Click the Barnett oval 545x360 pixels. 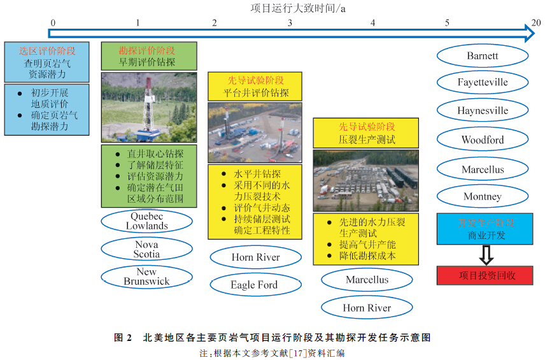(x=482, y=55)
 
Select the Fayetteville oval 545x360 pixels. (x=482, y=82)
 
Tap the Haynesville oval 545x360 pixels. (x=482, y=110)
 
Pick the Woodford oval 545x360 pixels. (x=482, y=140)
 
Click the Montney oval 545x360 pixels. (x=482, y=196)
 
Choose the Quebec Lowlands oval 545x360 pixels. (x=146, y=221)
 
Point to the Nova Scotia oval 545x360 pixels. (x=146, y=249)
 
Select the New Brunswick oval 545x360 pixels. (x=146, y=277)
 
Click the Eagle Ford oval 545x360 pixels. (x=254, y=285)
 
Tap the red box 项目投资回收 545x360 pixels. (x=485, y=275)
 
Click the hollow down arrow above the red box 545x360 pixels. (x=485, y=254)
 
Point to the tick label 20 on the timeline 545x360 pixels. (x=536, y=22)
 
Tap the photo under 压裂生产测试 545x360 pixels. (x=365, y=180)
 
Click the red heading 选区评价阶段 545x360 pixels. (x=46, y=50)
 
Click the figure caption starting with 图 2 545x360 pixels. (x=272, y=338)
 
